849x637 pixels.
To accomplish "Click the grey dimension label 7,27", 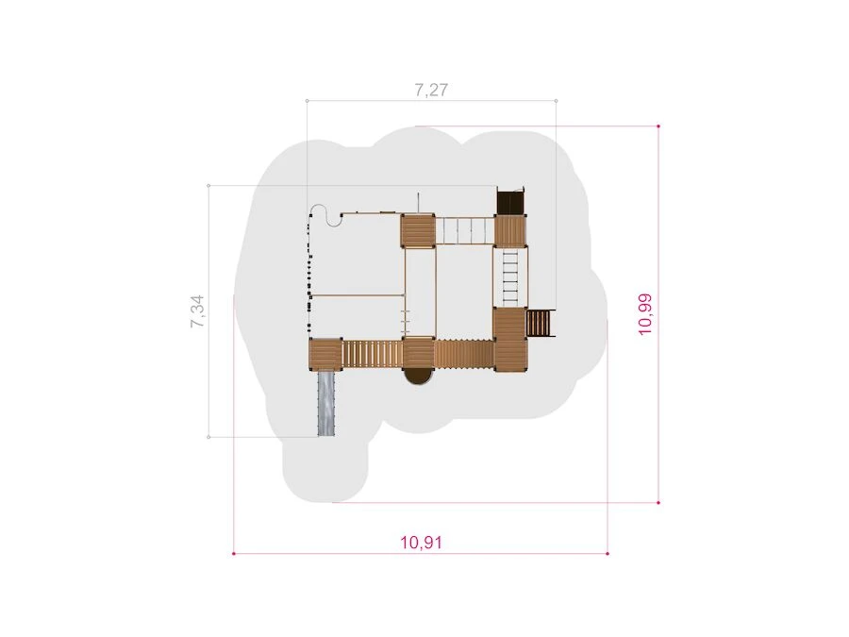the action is (x=431, y=90).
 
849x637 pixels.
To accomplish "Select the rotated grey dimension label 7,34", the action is (x=197, y=310).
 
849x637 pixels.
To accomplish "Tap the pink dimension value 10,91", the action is (x=422, y=543).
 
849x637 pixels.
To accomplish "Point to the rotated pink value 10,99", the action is (x=645, y=314).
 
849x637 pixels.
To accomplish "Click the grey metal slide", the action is (x=325, y=403).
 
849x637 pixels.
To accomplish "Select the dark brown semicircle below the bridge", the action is (x=419, y=376).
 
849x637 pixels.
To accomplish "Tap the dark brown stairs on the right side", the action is (x=541, y=323).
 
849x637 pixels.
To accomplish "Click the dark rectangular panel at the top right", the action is (x=510, y=200).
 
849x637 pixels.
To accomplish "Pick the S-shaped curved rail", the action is (x=325, y=215).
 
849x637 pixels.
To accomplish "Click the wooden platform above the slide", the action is (x=325, y=354).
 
